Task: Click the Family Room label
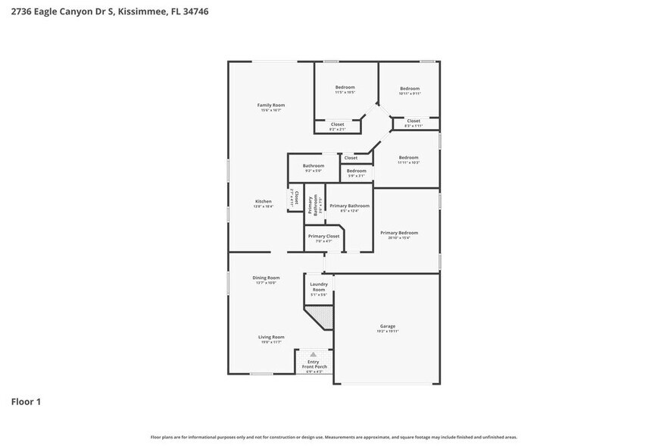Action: (x=270, y=105)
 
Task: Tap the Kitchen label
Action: (x=263, y=201)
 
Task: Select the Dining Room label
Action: (x=266, y=278)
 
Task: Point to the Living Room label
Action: (x=271, y=337)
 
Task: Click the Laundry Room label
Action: (x=319, y=287)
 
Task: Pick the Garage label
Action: (x=387, y=326)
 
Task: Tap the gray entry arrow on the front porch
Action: (x=313, y=354)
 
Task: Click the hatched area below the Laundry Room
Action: (x=323, y=315)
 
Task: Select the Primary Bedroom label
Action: (x=399, y=233)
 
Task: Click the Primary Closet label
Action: (x=323, y=236)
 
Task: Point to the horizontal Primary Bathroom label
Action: (x=349, y=206)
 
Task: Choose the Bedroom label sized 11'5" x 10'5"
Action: (x=345, y=87)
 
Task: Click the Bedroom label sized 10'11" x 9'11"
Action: (x=410, y=89)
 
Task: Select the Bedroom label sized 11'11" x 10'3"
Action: (x=409, y=157)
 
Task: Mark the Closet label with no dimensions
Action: (x=351, y=158)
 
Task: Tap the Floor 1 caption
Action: (x=26, y=401)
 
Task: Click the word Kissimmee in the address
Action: (x=142, y=12)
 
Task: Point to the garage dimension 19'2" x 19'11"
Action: (x=387, y=331)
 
